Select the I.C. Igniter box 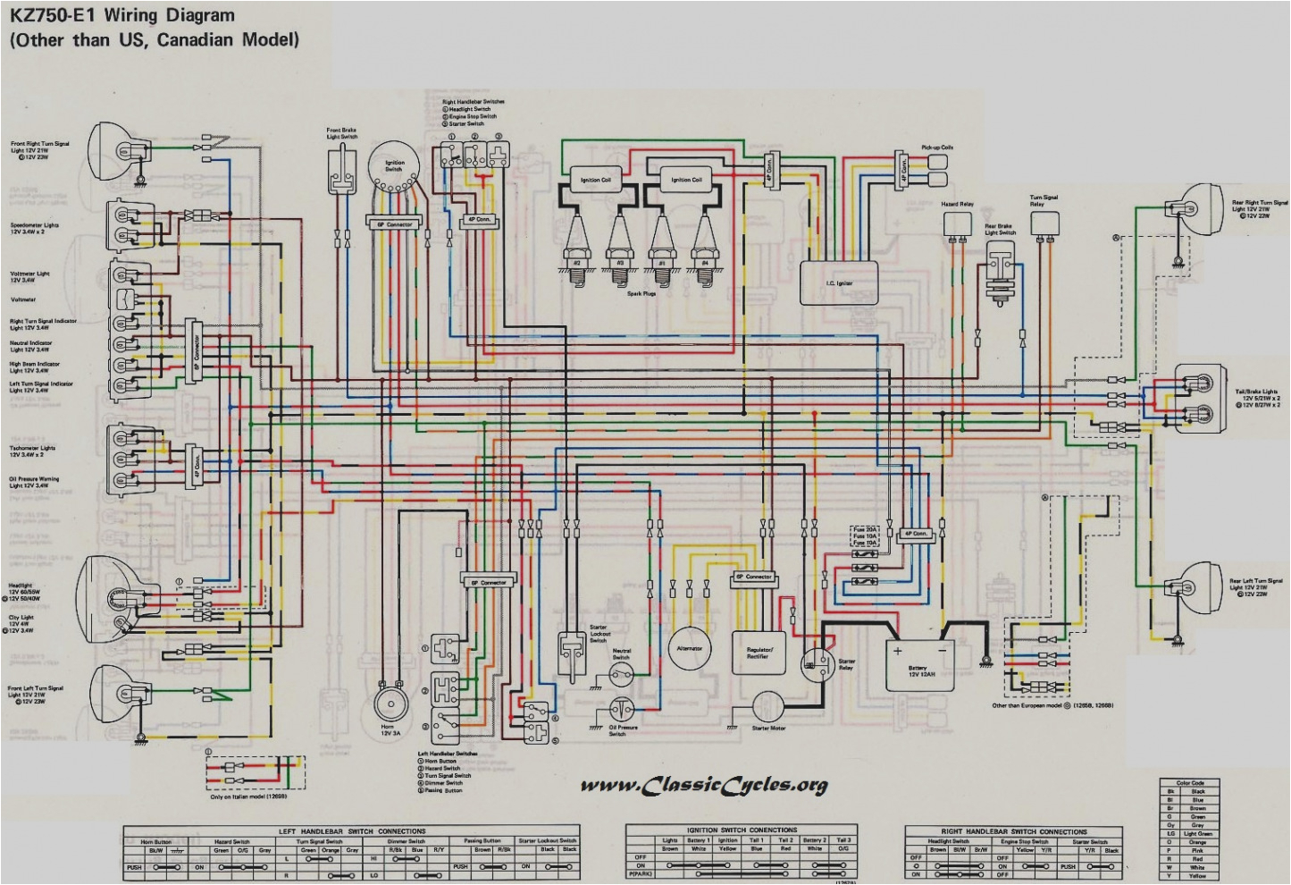click(838, 282)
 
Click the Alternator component click(690, 650)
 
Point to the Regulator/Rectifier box click(759, 653)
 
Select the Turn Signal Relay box click(1044, 223)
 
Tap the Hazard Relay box click(957, 223)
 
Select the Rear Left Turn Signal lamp click(1197, 586)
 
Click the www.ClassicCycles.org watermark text click(704, 786)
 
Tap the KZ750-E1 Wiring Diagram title click(122, 15)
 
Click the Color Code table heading click(1190, 782)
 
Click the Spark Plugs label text click(641, 293)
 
